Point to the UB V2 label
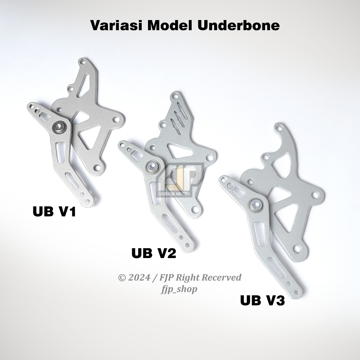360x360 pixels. [154, 253]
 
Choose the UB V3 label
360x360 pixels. [262, 301]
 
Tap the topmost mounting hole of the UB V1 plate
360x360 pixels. [83, 64]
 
